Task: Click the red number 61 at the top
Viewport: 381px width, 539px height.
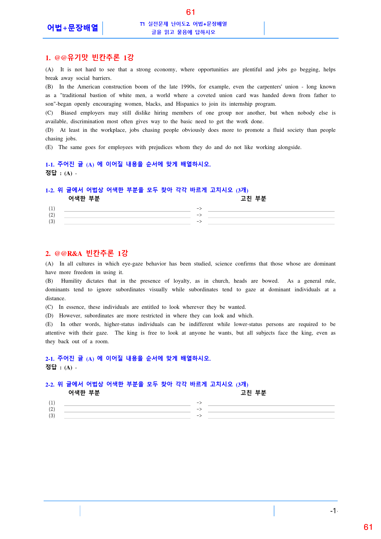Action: click(190, 12)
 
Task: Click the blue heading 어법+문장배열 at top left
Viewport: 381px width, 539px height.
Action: click(73, 28)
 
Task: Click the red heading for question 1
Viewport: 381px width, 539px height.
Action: click(89, 58)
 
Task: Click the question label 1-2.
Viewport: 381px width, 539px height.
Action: click(50, 191)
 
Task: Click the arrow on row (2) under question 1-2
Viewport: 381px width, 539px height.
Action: click(199, 215)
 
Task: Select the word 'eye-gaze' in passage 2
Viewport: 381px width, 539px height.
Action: click(132, 264)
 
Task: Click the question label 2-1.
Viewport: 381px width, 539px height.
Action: click(50, 359)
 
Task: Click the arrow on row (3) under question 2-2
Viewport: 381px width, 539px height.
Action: click(199, 416)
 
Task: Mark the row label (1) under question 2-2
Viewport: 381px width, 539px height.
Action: click(52, 403)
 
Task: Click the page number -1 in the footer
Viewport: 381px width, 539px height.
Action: click(333, 511)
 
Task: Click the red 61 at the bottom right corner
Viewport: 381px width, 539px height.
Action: click(368, 527)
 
